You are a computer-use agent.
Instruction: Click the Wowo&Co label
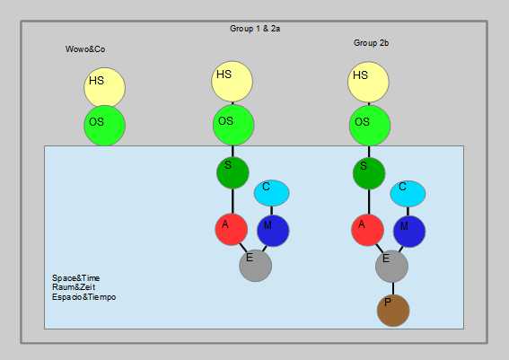tap(85, 49)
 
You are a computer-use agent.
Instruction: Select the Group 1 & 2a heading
tap(255, 29)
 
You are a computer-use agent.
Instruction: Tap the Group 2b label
tap(371, 43)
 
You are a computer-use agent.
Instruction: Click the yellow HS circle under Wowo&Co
tap(104, 87)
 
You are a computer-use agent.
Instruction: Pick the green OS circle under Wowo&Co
tap(104, 126)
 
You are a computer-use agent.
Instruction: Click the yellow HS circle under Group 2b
tap(368, 82)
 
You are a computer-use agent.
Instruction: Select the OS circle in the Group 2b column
tap(370, 126)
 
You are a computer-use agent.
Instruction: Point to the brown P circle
tap(393, 311)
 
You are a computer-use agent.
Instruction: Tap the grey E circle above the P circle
tap(391, 267)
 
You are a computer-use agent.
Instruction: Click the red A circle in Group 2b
tap(368, 230)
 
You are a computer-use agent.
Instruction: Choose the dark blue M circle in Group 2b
tap(409, 232)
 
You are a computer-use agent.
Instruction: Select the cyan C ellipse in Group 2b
tap(408, 194)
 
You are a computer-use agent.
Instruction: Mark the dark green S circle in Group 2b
tap(369, 173)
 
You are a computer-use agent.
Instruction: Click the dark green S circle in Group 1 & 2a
tap(233, 172)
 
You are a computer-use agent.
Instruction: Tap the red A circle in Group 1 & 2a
tap(232, 229)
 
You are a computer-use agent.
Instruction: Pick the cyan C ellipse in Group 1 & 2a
tap(271, 193)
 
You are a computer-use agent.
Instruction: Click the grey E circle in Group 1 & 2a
tap(256, 266)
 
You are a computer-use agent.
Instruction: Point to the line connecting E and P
tap(393, 288)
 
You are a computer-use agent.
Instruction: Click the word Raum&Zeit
tap(74, 287)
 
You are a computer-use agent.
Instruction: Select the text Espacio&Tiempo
tap(84, 297)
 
